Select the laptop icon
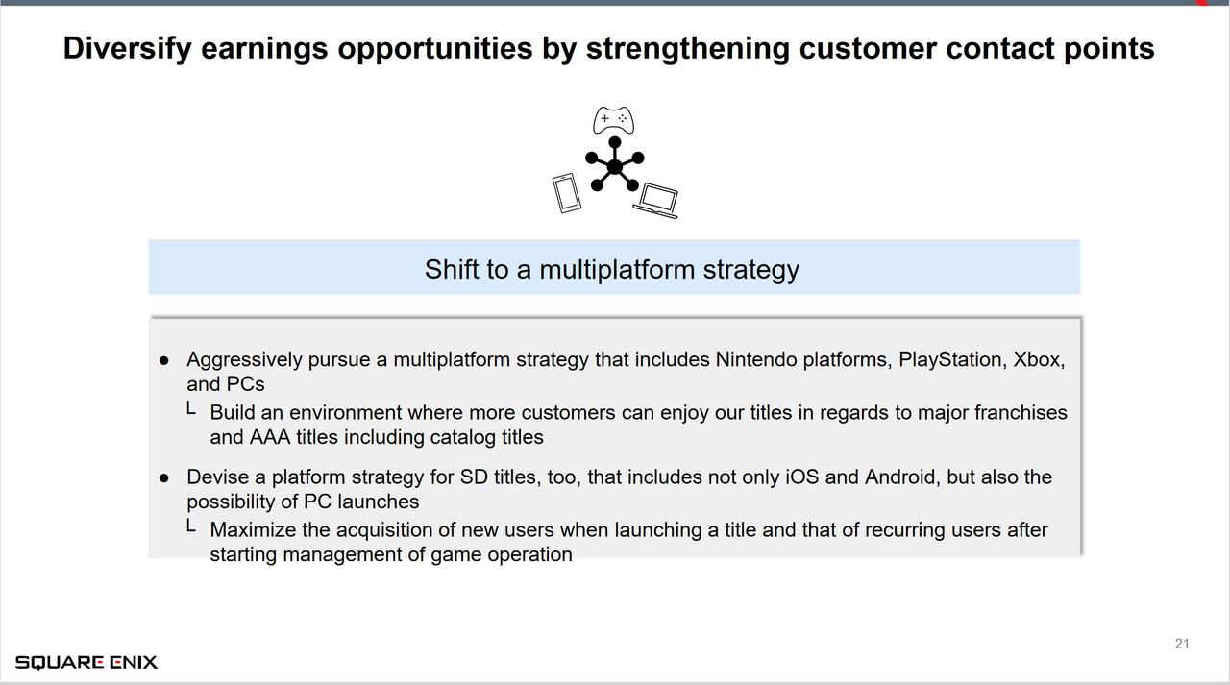click(657, 200)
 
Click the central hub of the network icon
click(615, 167)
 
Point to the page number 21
click(1182, 644)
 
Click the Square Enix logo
click(86, 662)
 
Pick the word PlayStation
click(949, 360)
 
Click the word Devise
click(214, 477)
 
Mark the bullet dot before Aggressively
click(164, 361)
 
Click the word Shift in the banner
click(452, 269)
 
